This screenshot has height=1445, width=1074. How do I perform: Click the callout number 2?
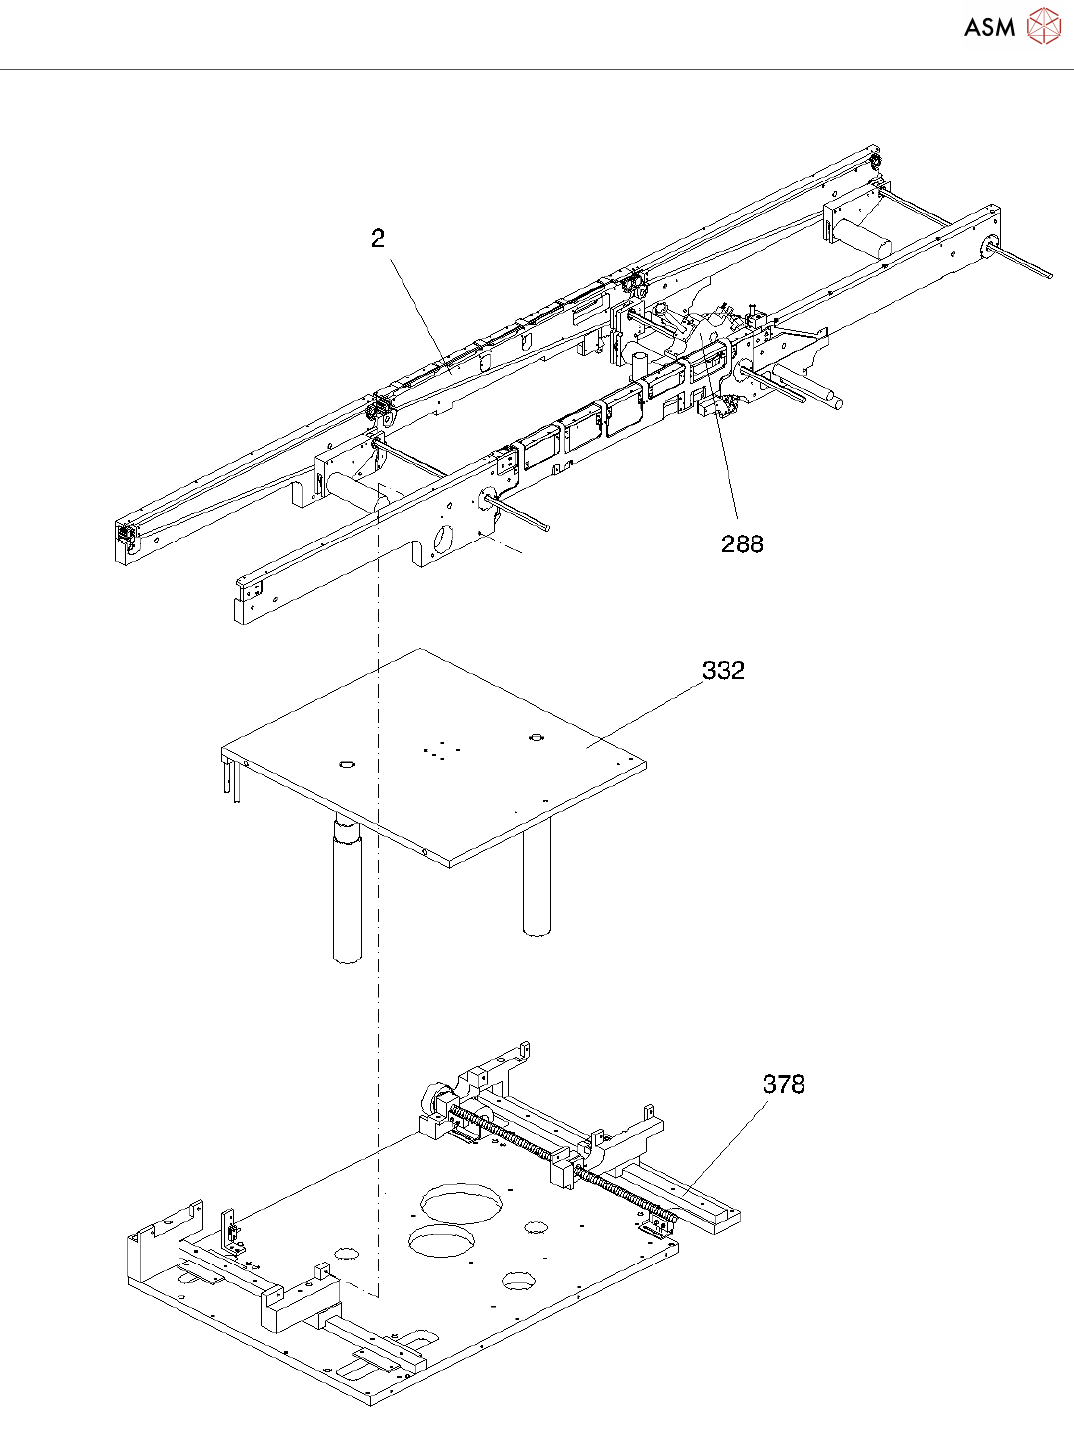pos(377,239)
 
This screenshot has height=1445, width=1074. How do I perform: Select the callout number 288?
pos(742,543)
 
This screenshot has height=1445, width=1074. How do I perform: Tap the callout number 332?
pos(723,670)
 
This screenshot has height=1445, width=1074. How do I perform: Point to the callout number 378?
pos(783,1084)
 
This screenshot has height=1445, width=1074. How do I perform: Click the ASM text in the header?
pos(989,28)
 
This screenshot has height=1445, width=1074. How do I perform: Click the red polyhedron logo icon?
pos(1043,27)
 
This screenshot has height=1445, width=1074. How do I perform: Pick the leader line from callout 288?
pos(723,449)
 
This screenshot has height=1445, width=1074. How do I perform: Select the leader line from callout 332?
pos(648,713)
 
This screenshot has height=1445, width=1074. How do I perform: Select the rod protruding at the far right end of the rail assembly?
pos(1022,262)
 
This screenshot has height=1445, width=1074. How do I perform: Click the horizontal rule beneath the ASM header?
pos(537,69)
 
